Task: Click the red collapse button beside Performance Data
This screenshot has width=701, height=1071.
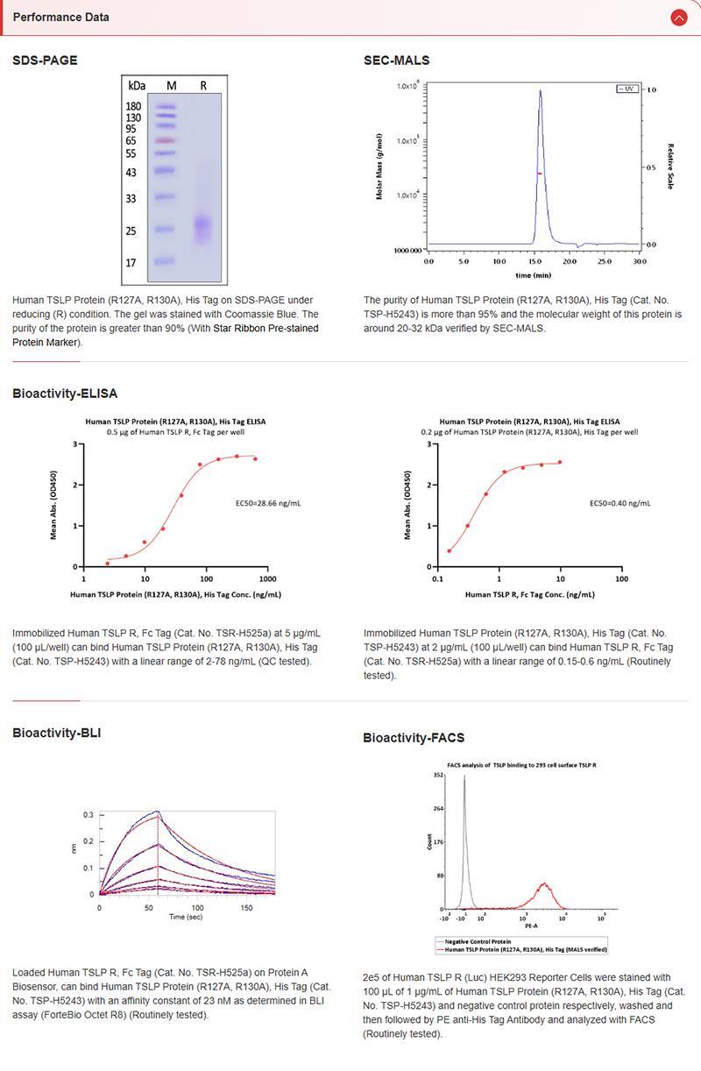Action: tap(678, 17)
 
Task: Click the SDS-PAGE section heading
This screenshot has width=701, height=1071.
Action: tap(45, 60)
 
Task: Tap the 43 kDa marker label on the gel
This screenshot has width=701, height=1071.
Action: tap(131, 173)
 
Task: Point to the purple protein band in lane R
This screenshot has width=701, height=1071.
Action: tap(203, 228)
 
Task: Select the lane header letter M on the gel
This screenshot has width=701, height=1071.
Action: tap(171, 86)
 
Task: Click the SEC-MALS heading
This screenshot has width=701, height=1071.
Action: tap(396, 60)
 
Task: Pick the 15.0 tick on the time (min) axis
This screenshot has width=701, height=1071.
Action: tap(535, 261)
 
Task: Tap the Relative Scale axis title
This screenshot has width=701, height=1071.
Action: tap(670, 167)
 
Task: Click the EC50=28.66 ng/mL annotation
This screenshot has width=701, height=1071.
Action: tap(269, 504)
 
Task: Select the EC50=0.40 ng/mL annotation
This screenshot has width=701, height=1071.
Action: tap(620, 504)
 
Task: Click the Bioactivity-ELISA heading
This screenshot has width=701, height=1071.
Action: tap(65, 394)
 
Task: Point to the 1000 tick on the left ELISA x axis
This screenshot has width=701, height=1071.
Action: tap(267, 579)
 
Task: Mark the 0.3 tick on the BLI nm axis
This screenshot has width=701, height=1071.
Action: tap(88, 814)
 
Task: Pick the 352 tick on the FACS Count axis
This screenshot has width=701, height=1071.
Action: tap(438, 775)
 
